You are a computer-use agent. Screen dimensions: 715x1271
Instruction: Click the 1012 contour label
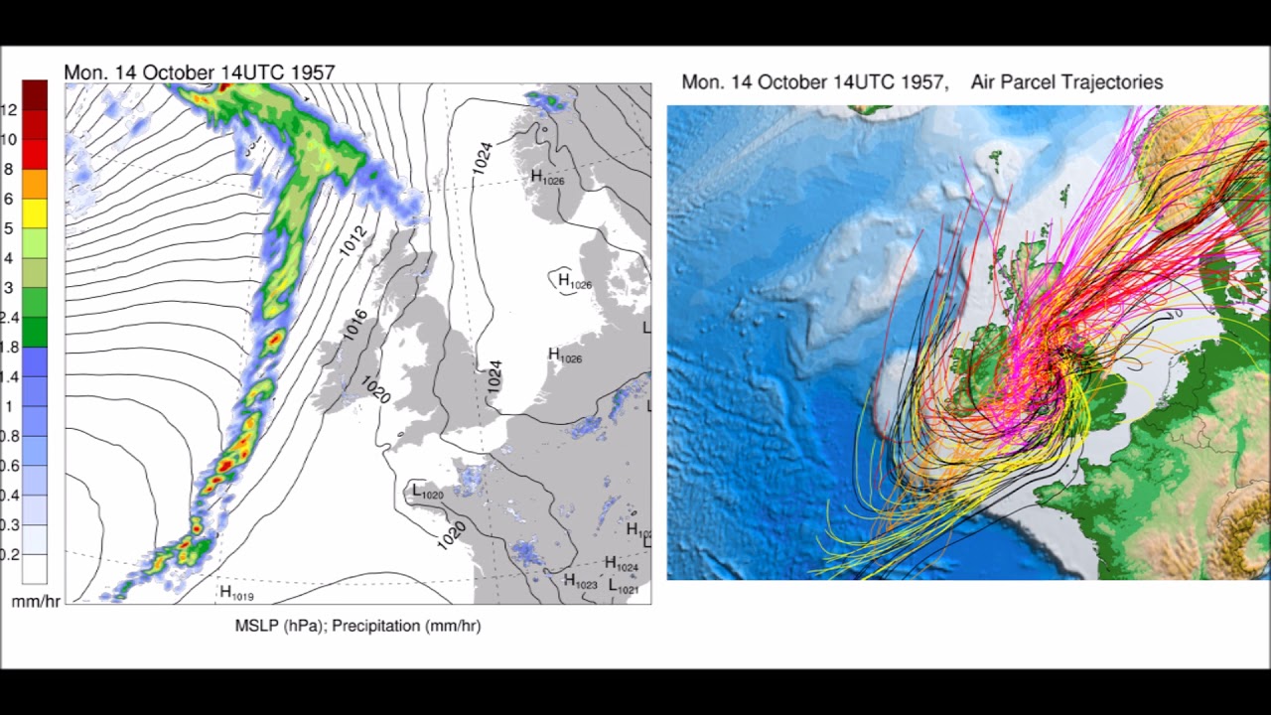(x=353, y=241)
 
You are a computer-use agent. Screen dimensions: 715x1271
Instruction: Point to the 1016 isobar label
(x=355, y=325)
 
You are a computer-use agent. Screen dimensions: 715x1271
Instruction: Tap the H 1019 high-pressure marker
(x=236, y=593)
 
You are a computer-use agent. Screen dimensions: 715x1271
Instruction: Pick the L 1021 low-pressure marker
(x=624, y=587)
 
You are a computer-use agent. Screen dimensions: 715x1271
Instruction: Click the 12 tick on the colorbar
(x=9, y=110)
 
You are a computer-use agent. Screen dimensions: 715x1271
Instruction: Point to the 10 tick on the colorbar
(x=9, y=140)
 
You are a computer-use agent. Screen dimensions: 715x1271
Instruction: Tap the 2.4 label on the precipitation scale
(x=9, y=318)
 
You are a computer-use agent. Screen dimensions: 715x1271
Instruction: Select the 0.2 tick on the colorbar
(x=9, y=554)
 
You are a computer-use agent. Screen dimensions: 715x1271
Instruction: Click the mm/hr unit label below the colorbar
(x=36, y=602)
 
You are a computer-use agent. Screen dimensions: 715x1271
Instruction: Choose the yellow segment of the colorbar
(x=35, y=214)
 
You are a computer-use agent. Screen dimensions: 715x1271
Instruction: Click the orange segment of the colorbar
(x=35, y=184)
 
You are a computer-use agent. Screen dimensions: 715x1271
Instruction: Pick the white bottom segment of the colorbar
(x=35, y=568)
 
